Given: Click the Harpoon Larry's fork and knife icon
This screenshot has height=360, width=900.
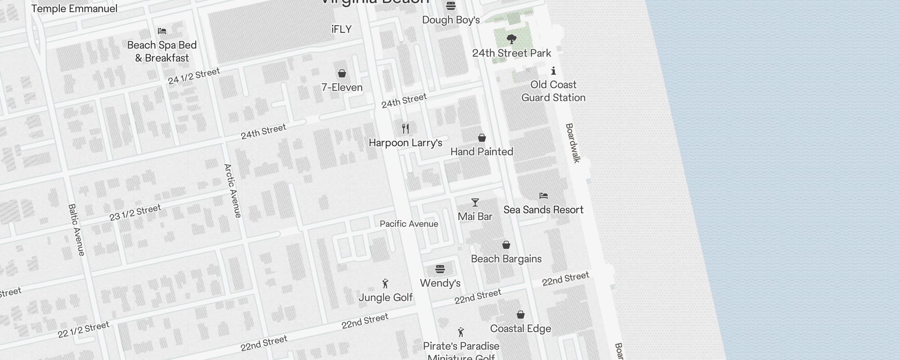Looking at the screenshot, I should (x=405, y=129).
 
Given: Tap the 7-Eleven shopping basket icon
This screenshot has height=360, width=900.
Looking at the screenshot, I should (x=342, y=73).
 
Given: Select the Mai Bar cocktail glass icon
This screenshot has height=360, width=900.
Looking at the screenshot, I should (x=475, y=202).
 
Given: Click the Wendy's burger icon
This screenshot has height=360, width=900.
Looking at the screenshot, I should (x=440, y=269).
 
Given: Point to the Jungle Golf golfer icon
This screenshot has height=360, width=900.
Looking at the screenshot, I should (x=385, y=283).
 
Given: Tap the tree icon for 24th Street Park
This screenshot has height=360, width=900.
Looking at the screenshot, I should (x=511, y=39).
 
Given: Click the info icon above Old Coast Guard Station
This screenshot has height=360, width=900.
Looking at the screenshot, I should (x=553, y=71).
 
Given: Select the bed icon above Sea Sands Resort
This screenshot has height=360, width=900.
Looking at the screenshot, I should (x=543, y=196).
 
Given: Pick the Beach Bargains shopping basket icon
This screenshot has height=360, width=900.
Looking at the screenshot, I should (x=506, y=245).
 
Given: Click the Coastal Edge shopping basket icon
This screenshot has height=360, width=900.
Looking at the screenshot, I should (x=521, y=315).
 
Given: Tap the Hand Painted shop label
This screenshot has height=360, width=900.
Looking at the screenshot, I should (x=481, y=152).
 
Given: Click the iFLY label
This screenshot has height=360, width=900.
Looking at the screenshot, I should (x=342, y=30).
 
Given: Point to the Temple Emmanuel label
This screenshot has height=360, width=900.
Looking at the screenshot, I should (x=74, y=9).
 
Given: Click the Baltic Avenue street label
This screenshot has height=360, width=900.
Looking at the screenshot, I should (x=76, y=230).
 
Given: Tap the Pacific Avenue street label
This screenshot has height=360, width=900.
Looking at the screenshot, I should (x=409, y=224).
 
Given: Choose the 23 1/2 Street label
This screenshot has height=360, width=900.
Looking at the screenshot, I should (x=135, y=213).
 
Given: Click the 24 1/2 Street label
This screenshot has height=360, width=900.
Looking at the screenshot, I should (x=194, y=76).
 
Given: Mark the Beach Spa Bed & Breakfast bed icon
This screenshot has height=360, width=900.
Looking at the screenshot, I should (x=162, y=31).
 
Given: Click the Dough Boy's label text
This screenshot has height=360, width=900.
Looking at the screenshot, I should (x=451, y=20).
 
